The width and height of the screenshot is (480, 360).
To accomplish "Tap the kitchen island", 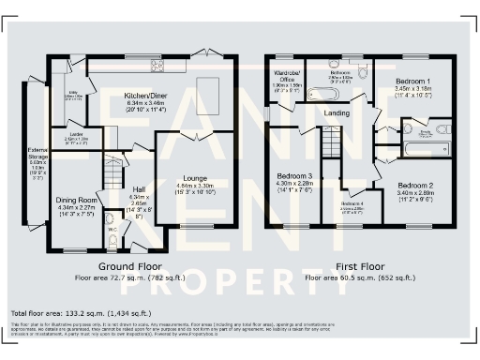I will (x=207, y=95).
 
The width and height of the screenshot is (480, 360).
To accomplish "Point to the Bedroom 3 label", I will (x=293, y=182).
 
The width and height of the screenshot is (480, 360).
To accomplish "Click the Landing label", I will (x=336, y=112).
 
